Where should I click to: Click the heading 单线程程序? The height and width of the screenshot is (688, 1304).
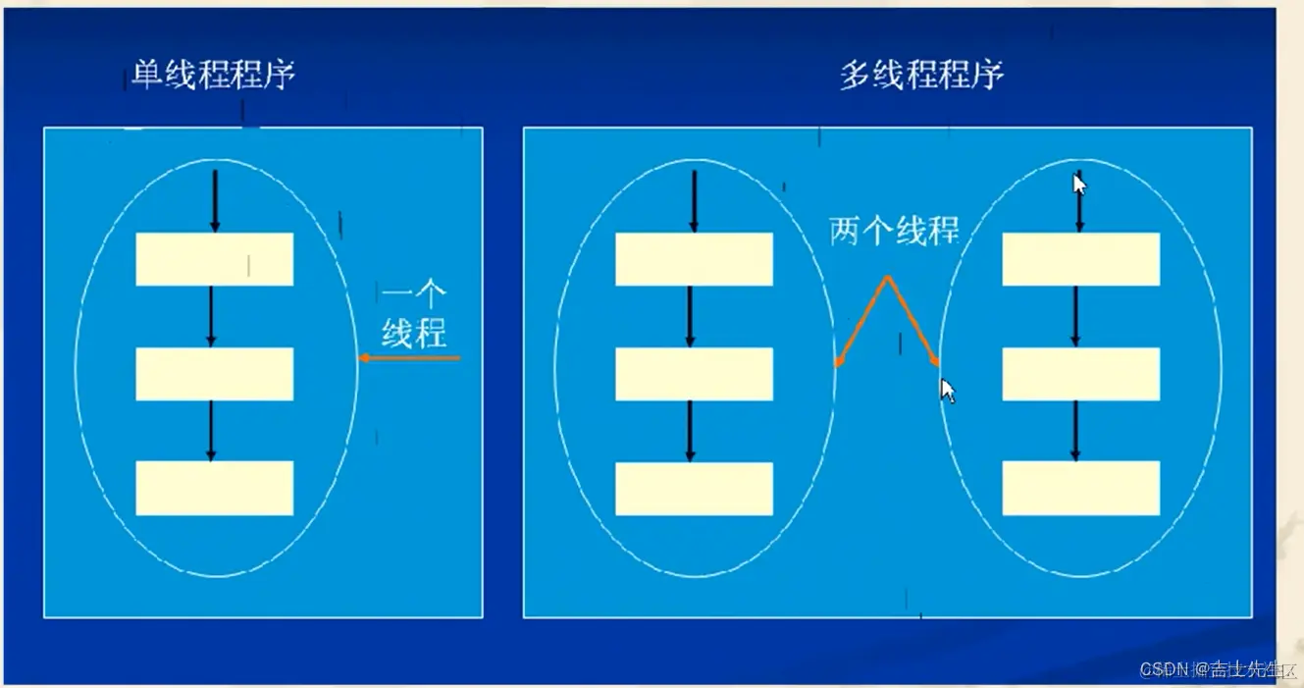coord(214,76)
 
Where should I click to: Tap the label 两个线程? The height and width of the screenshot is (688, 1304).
coord(894,231)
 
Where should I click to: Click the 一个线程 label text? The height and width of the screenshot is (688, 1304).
coord(413,315)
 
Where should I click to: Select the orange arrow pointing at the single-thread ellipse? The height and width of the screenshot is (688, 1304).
coord(409,358)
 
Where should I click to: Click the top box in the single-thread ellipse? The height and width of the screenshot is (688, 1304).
coord(214,259)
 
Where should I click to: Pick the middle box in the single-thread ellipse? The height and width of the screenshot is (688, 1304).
coord(214,374)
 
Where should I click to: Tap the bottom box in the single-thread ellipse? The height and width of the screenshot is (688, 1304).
coord(214,488)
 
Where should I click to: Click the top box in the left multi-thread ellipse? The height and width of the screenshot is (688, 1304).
coord(694,259)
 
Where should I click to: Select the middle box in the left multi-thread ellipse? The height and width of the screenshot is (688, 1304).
coord(694,374)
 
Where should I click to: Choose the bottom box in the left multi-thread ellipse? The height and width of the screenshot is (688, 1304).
coord(694,488)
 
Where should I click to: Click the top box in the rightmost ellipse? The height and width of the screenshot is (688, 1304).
coord(1080,259)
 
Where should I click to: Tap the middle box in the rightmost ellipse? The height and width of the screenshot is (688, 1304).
coord(1080,374)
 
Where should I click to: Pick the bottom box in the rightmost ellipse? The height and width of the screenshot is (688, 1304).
coord(1080,488)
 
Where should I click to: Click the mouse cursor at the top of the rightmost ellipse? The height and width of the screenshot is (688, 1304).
coord(1079,185)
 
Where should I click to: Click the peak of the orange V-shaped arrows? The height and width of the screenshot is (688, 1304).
coord(887,280)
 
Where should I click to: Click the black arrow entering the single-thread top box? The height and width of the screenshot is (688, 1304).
coord(215,201)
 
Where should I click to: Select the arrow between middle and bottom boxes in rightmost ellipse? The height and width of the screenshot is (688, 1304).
coord(1075,430)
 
